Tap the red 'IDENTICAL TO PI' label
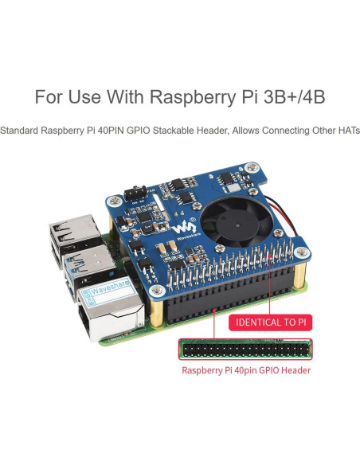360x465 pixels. pyautogui.click(x=269, y=322)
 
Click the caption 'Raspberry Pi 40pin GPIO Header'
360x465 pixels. pyautogui.click(x=245, y=370)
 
